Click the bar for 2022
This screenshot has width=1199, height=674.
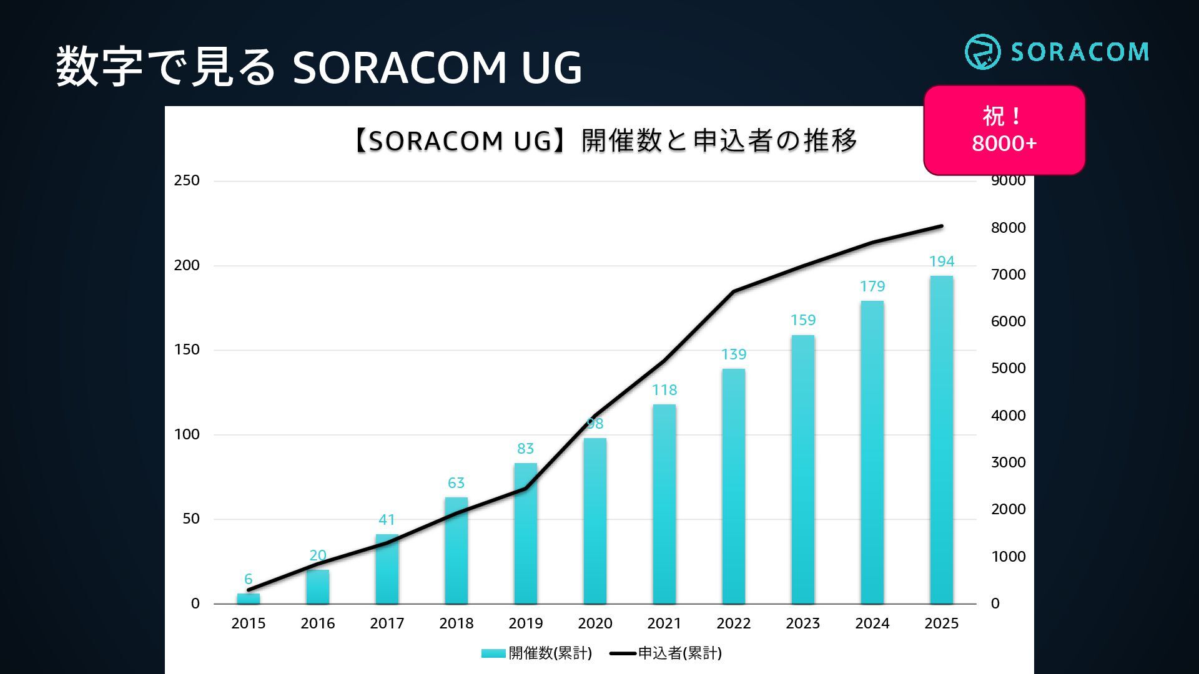(733, 487)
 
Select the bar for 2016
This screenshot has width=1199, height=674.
(317, 587)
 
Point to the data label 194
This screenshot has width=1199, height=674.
(941, 261)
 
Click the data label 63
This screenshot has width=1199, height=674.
(456, 483)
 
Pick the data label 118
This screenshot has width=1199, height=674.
(664, 390)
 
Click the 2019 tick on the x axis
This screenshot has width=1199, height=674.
(525, 623)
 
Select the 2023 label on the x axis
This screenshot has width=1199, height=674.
(802, 623)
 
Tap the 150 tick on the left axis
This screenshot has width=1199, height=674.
(187, 349)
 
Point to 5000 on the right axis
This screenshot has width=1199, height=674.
(1008, 368)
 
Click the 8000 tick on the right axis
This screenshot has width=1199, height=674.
(1008, 228)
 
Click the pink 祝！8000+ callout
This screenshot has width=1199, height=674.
(1004, 130)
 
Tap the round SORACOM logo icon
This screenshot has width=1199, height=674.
(982, 52)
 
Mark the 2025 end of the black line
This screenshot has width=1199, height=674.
(941, 226)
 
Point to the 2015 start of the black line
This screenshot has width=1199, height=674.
(249, 590)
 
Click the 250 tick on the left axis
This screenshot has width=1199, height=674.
(187, 181)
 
